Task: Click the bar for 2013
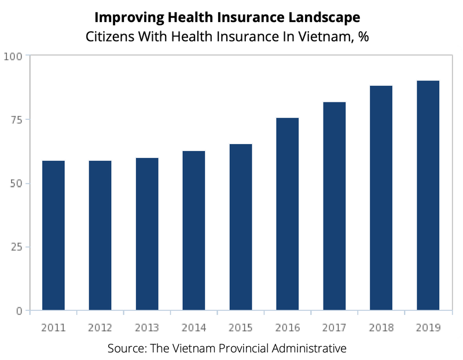147,234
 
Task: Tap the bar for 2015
241,227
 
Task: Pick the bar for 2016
288,214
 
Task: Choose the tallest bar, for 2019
428,196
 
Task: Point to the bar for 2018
381,198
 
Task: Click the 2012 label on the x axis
100,328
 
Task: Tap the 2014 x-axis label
194,328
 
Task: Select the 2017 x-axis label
334,328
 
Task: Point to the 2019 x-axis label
428,328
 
